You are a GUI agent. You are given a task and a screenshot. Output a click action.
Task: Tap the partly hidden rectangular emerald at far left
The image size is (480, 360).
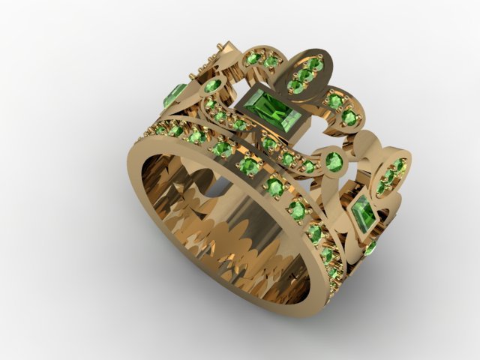[174, 95]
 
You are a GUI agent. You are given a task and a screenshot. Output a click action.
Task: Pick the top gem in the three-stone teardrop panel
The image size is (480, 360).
[315, 65]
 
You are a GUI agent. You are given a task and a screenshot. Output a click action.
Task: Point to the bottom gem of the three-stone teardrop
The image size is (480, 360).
[297, 87]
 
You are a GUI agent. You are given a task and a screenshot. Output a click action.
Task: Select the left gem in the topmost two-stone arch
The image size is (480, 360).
[253, 58]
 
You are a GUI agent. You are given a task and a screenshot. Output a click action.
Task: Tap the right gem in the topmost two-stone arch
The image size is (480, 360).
[271, 62]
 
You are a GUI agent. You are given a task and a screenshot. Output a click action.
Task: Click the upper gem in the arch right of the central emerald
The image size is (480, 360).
[335, 100]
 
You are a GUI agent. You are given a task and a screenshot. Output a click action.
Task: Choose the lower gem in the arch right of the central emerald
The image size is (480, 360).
[349, 118]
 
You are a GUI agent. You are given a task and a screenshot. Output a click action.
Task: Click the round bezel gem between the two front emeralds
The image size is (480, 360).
[332, 160]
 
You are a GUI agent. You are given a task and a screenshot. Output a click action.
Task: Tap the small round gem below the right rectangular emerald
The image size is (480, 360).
[370, 247]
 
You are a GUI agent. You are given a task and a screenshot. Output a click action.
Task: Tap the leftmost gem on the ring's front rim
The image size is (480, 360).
[160, 130]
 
